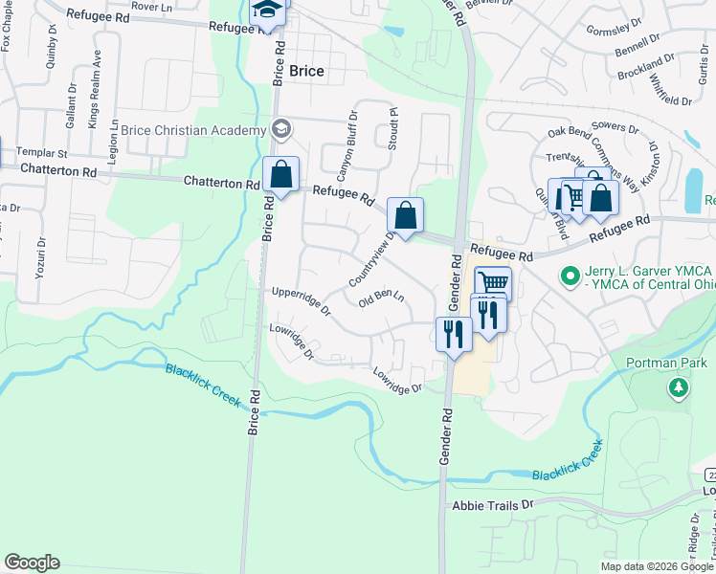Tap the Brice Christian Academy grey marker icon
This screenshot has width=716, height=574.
coord(281,128)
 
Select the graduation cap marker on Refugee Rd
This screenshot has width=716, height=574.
coord(266,11)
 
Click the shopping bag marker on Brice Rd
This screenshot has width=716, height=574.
coord(281,175)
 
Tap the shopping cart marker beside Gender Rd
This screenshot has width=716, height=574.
coord(493,283)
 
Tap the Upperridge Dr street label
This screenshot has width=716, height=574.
coord(301,300)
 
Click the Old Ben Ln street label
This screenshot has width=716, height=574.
coord(381,299)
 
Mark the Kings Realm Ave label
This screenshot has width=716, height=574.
coord(94,97)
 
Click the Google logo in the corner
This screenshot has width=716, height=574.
coord(32,563)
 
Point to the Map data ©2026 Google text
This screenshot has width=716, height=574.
coord(656,566)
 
